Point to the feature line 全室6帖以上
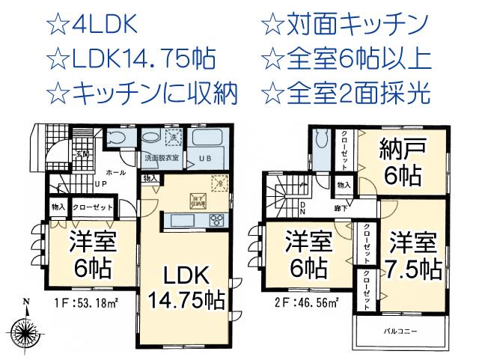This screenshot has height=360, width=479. [355, 59]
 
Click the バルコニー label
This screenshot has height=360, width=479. [401, 330]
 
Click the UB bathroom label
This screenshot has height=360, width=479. [203, 157]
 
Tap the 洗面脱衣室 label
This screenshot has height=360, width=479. [162, 158]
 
